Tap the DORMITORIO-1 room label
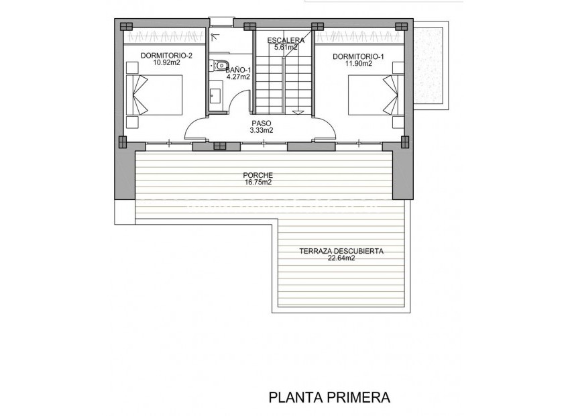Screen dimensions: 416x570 tap(358, 56)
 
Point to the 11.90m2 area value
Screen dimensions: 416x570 tap(358, 64)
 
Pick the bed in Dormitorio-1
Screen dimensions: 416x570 tap(372, 95)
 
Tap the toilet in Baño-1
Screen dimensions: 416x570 tap(220, 65)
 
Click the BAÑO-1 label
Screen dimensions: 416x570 tap(238, 70)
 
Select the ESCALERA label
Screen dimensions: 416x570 tap(285, 40)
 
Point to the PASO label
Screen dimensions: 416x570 tap(261, 123)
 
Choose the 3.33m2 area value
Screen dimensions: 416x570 tap(261, 131)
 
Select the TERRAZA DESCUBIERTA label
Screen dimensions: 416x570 tap(341, 251)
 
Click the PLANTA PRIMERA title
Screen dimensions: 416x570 tap(329, 397)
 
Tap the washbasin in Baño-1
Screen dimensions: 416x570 tap(215, 95)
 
